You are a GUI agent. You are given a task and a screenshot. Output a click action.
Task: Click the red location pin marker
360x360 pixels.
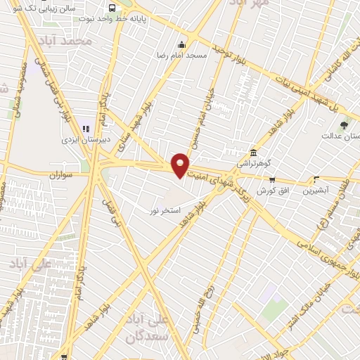coord(181,165)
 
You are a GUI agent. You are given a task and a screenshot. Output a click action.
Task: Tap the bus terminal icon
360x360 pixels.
coord(112,8)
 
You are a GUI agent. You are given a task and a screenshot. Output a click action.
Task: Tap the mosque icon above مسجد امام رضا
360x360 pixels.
coord(182,44)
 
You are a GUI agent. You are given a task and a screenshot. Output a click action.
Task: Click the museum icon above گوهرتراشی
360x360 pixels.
coord(252,153)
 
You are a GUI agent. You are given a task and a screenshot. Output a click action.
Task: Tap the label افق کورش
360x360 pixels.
coord(270,191)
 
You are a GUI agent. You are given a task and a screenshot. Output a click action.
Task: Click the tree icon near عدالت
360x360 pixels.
coord(344,124)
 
